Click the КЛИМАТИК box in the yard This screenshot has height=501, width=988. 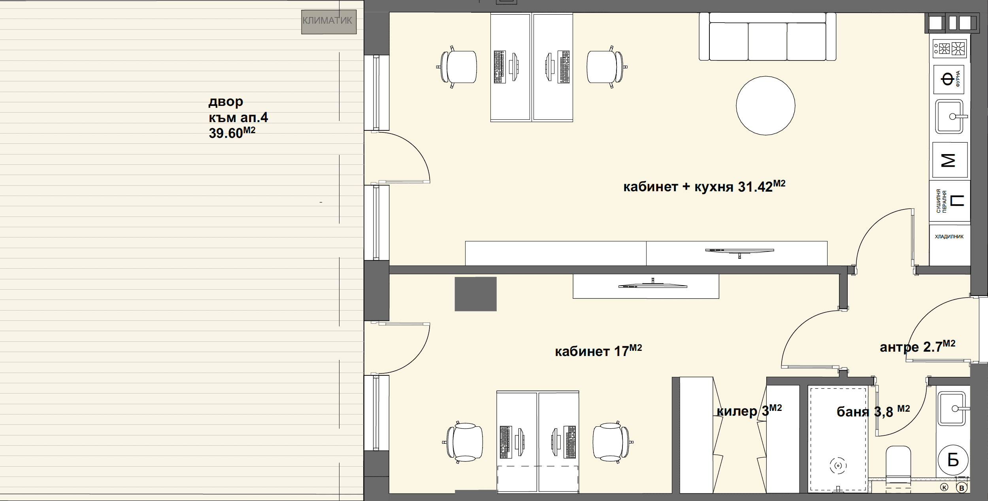[x=329, y=21]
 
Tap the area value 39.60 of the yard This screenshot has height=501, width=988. [x=226, y=134]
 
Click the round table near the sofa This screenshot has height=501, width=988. [x=766, y=105]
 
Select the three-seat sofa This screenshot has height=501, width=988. [x=767, y=36]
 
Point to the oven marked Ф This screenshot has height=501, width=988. [x=950, y=79]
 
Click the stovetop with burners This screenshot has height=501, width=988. [x=950, y=49]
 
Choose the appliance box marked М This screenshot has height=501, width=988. [x=950, y=160]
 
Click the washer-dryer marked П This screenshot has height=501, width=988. [x=950, y=201]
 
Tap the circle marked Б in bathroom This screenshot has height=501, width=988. [x=953, y=460]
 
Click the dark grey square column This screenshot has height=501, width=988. [x=475, y=294]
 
